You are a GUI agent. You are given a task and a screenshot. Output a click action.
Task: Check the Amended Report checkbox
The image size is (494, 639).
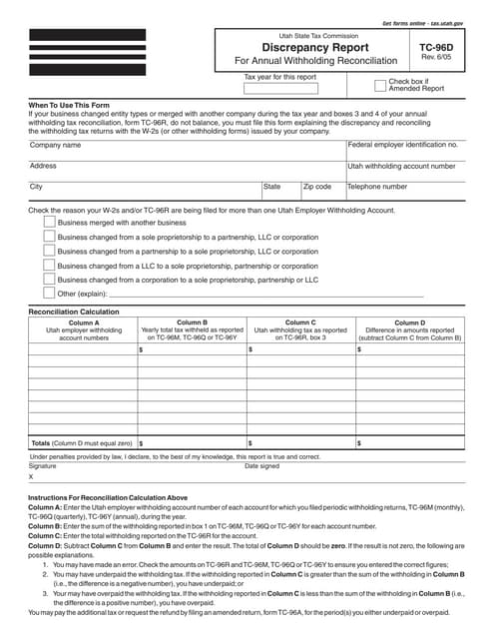pos(379,86)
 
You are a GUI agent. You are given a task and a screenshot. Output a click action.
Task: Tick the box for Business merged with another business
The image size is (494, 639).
pos(50,223)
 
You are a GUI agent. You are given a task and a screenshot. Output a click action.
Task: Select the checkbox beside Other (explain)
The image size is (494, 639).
pos(50,295)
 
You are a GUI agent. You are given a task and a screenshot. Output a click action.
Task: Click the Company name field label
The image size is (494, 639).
pos(56,145)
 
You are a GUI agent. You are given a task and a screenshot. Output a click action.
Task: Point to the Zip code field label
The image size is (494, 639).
pos(345,187)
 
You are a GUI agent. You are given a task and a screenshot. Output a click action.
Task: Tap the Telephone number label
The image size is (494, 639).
pos(405,187)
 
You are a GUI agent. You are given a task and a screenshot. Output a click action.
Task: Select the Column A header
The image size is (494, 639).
pos(84,323)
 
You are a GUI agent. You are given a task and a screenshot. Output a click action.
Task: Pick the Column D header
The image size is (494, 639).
pos(409,323)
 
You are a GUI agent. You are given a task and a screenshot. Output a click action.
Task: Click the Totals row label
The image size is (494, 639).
pos(82,442)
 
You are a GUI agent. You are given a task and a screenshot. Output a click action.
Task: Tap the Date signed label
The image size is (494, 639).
pos(262,466)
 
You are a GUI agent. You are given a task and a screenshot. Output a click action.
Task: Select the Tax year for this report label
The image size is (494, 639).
pos(280,77)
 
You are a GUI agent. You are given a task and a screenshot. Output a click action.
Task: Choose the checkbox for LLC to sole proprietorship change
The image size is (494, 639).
pos(50,266)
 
